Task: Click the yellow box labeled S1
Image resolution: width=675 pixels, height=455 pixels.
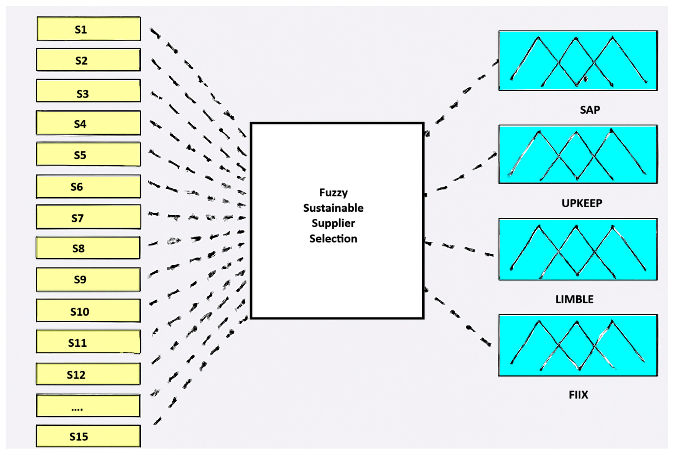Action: click(89, 29)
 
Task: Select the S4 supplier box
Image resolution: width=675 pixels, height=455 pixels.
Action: click(88, 123)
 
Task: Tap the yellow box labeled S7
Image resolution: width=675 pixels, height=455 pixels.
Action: click(88, 217)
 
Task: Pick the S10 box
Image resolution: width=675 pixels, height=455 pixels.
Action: click(88, 311)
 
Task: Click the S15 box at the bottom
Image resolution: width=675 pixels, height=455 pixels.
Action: click(88, 436)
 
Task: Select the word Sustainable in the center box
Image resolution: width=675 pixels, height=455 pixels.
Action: click(333, 208)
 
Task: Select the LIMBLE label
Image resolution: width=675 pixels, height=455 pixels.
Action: click(574, 299)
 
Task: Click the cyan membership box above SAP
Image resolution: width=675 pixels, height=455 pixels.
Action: click(578, 61)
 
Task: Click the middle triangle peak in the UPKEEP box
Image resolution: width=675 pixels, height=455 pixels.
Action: click(576, 133)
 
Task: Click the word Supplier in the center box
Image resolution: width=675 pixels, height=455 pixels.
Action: click(333, 223)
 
